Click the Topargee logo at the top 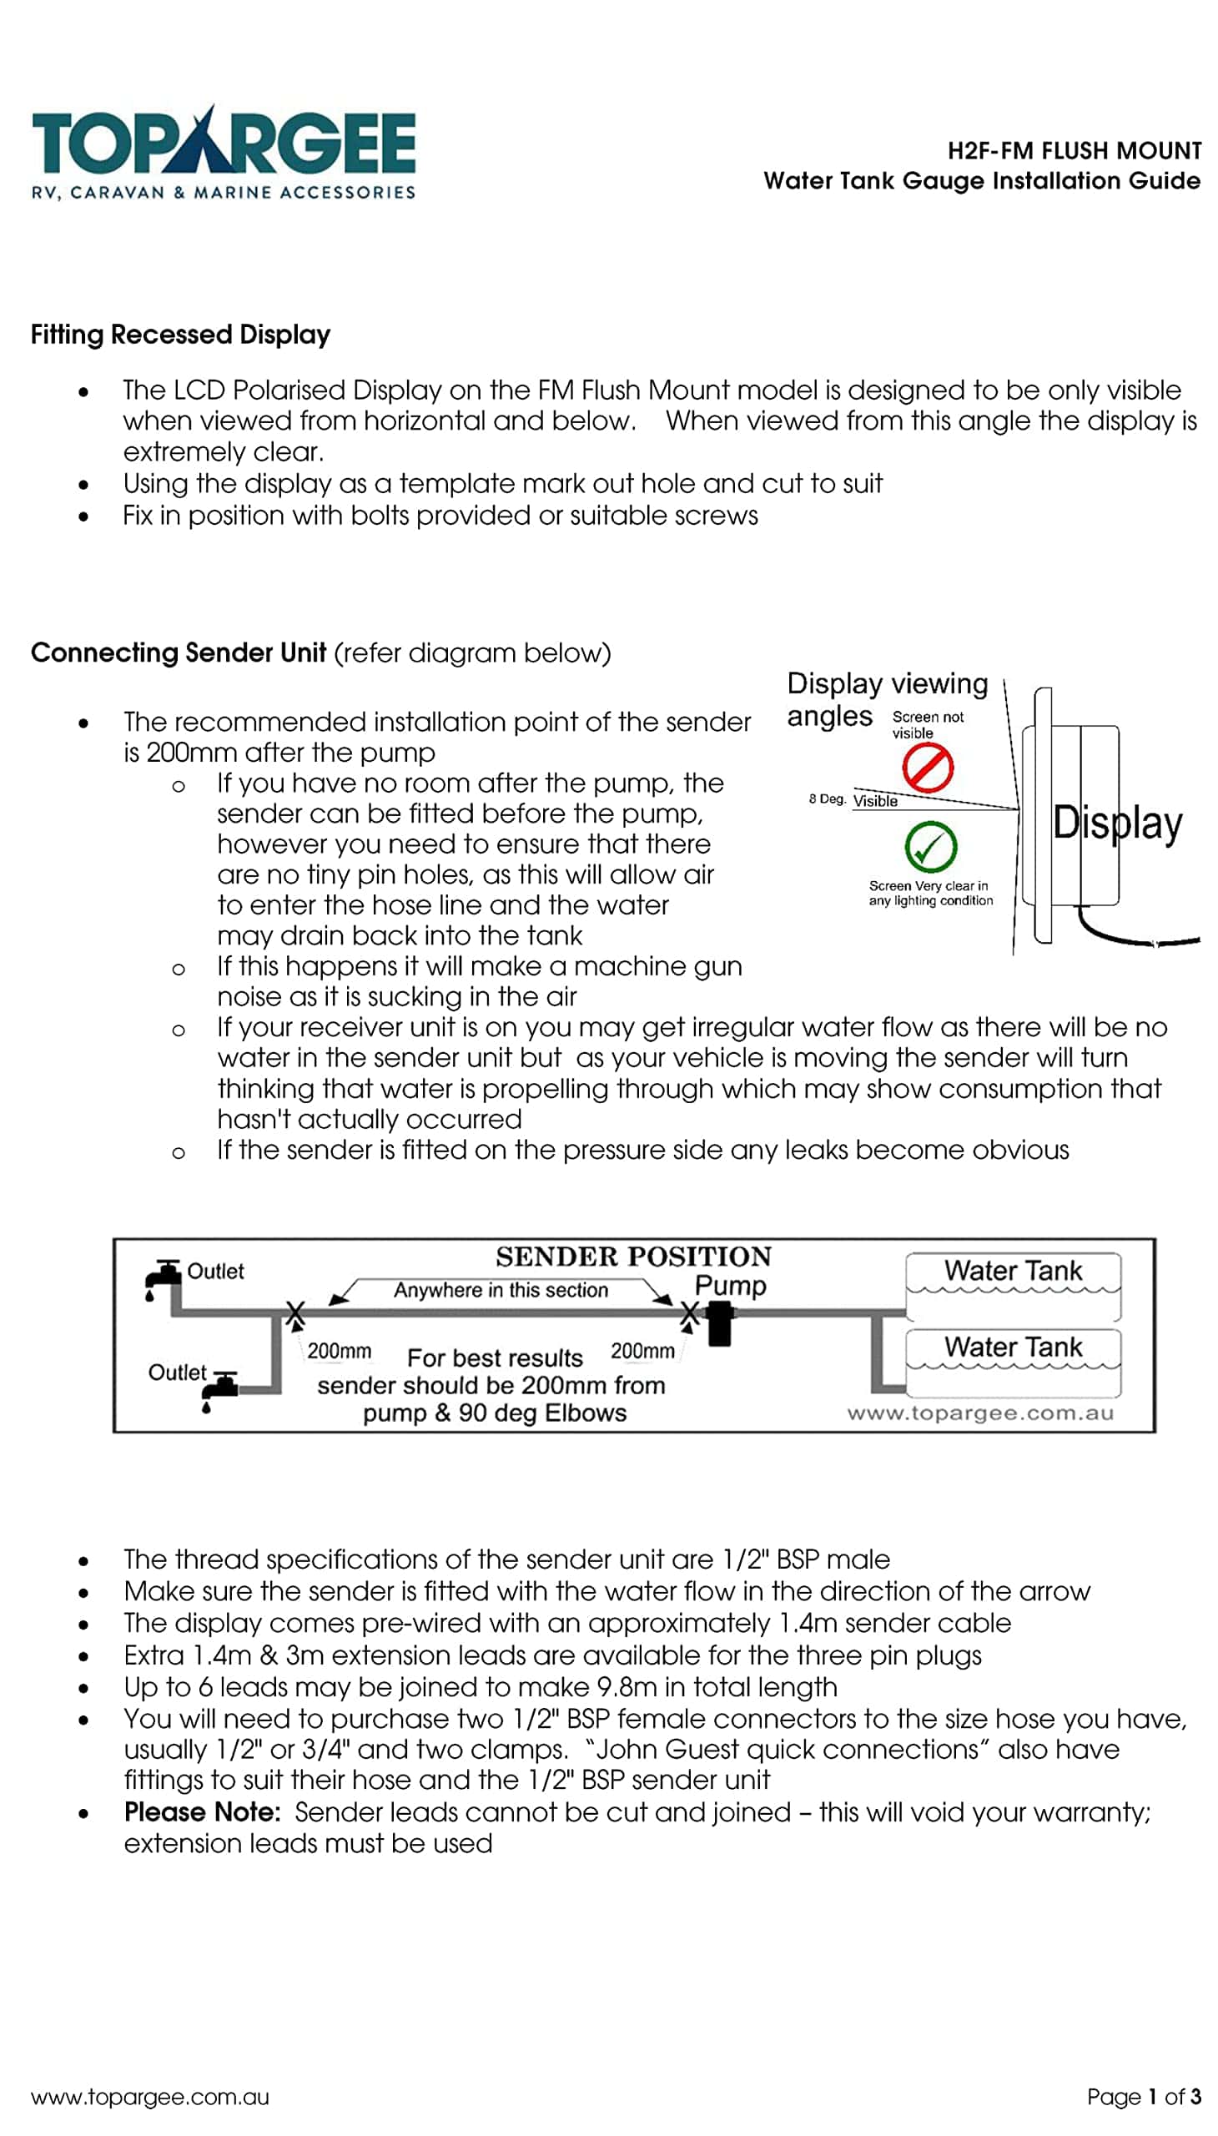[224, 154]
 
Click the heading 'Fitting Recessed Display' [181, 335]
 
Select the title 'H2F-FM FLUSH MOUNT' [1074, 150]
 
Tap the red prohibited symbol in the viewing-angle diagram [927, 768]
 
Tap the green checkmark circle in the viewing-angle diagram [930, 847]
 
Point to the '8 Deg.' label [827, 799]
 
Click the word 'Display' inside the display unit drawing [1117, 823]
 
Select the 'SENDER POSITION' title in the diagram [633, 1257]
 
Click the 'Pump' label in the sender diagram [730, 1285]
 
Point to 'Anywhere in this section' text [501, 1290]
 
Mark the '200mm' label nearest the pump [642, 1351]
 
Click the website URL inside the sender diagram [980, 1414]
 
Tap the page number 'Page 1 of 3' [1143, 2097]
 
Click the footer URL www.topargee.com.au [150, 2097]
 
